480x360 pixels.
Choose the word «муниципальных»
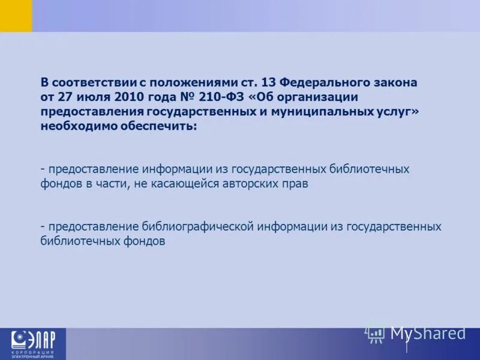pyautogui.click(x=316, y=111)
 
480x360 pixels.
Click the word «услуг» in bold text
pyautogui.click(x=390, y=111)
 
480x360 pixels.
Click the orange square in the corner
pyautogui.click(x=16, y=16)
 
